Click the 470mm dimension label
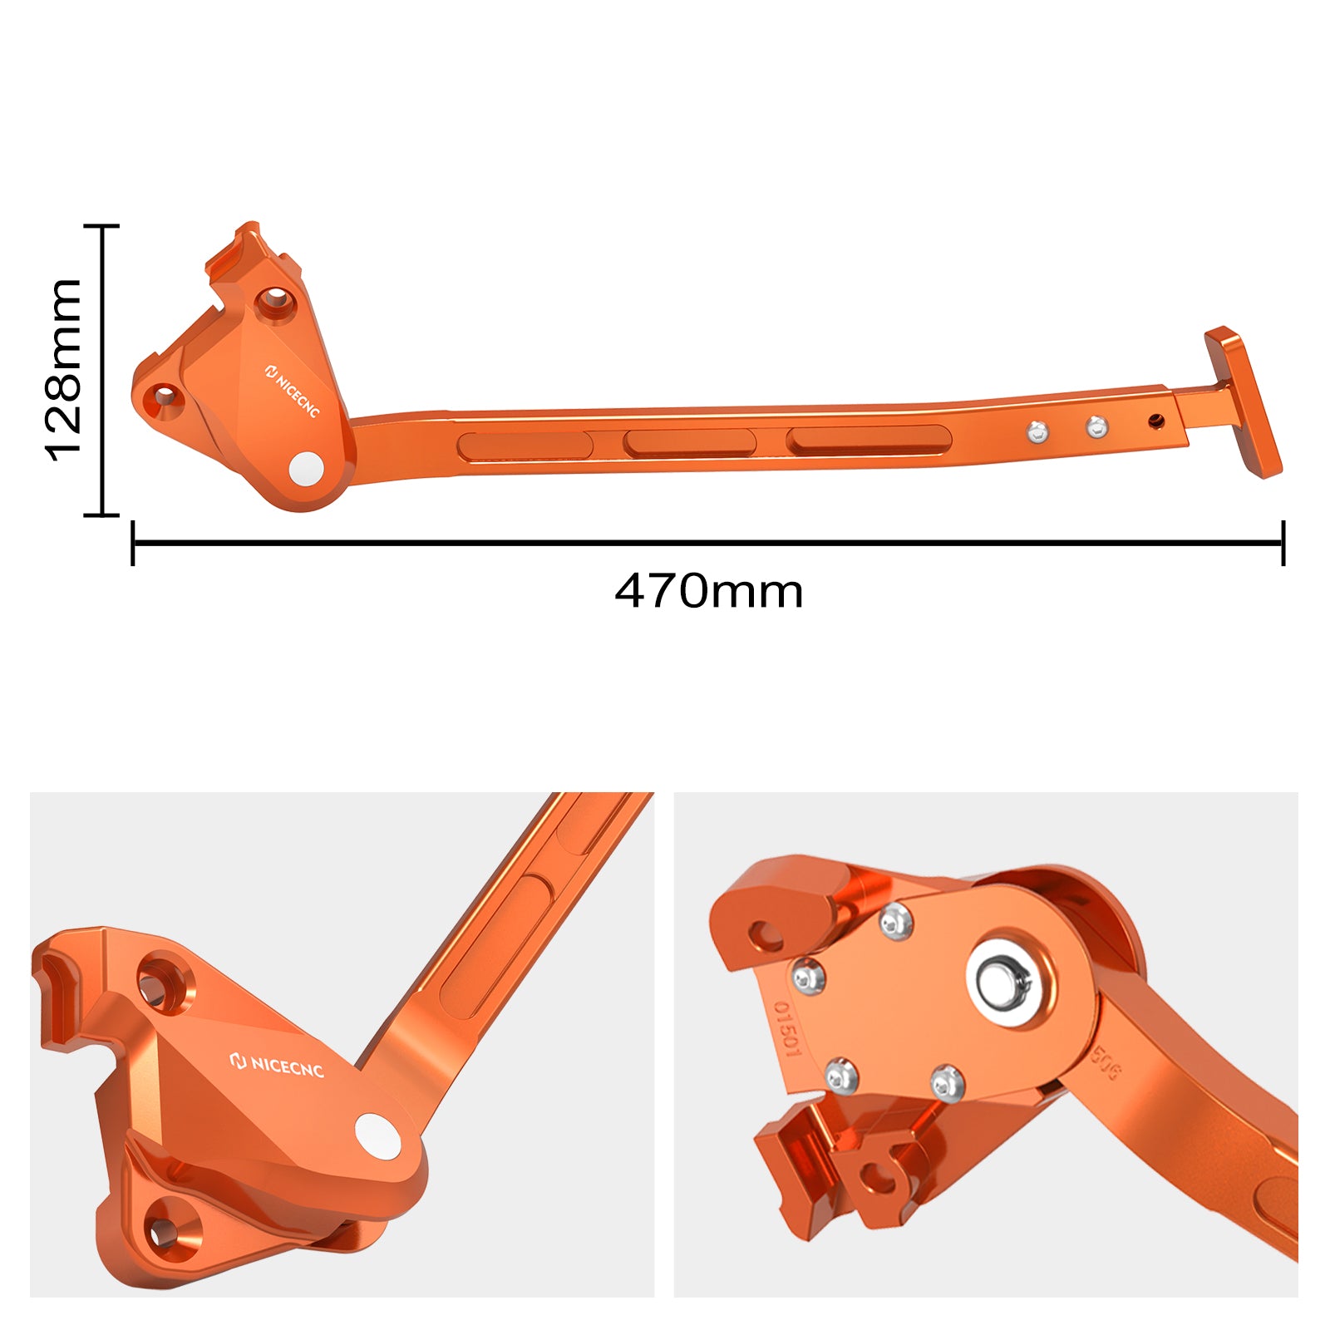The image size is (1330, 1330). pyautogui.click(x=708, y=591)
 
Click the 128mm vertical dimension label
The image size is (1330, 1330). pyautogui.click(x=63, y=370)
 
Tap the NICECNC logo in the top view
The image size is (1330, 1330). pyautogui.click(x=293, y=391)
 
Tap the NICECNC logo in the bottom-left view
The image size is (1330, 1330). pyautogui.click(x=276, y=1065)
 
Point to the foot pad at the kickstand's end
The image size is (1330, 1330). pyautogui.click(x=1244, y=402)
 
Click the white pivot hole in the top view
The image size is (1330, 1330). pyautogui.click(x=306, y=468)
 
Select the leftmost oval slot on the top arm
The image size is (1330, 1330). pyautogui.click(x=524, y=446)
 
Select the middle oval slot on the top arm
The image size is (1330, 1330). pyautogui.click(x=689, y=442)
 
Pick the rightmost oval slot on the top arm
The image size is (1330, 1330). pyautogui.click(x=868, y=440)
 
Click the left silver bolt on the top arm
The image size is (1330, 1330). pyautogui.click(x=1037, y=431)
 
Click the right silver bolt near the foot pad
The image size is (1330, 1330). pyautogui.click(x=1097, y=427)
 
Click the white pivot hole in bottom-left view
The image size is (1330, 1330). pyautogui.click(x=377, y=1135)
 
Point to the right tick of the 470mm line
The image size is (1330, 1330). pyautogui.click(x=1283, y=543)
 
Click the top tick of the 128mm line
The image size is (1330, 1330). pyautogui.click(x=102, y=225)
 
